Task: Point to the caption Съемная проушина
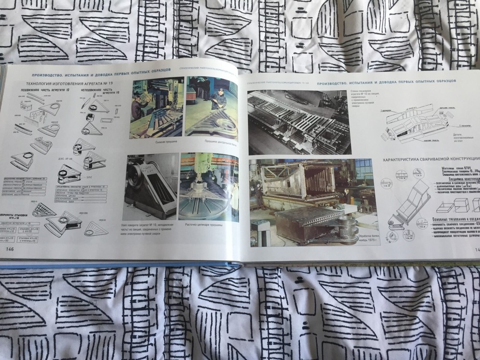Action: point(158,142)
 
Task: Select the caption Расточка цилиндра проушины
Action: point(208,224)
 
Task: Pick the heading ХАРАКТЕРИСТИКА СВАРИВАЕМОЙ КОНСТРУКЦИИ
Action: point(430,159)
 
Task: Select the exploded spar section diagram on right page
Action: point(415,124)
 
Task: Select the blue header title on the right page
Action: point(386,80)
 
